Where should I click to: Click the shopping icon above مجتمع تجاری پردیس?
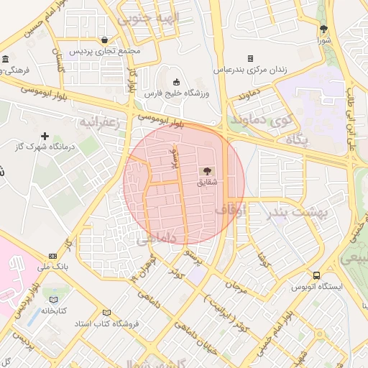click(x=106, y=40)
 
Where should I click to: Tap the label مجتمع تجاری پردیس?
click(x=106, y=52)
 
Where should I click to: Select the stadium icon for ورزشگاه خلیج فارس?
click(x=177, y=81)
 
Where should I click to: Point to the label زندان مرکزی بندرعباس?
click(x=250, y=70)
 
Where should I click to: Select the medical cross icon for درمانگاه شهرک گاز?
click(x=45, y=136)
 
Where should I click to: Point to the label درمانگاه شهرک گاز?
click(x=32, y=147)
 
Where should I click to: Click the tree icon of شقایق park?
click(x=207, y=171)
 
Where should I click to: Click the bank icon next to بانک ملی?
click(x=52, y=256)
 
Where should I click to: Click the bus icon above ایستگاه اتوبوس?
click(x=316, y=275)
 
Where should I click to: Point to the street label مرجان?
click(x=236, y=287)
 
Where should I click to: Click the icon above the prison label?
click(x=250, y=58)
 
